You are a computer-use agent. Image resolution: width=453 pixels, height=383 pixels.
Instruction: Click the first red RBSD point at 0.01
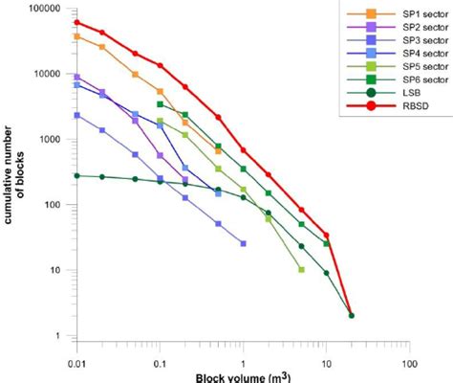pos(77,22)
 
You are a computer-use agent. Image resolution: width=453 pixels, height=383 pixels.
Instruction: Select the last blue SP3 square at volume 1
pos(244,243)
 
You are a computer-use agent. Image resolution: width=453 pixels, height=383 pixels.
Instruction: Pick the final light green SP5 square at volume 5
pos(301,270)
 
